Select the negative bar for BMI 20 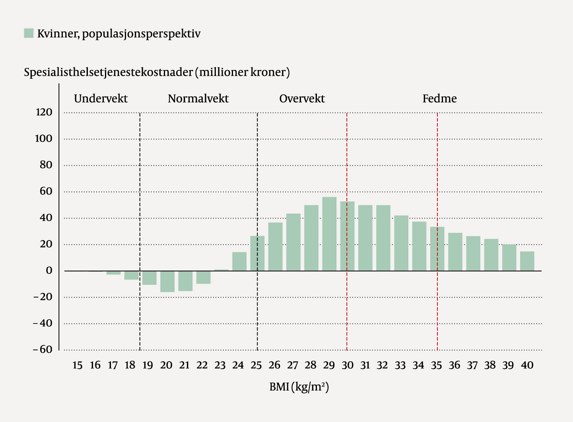(x=167, y=281)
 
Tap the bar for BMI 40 (x=527, y=261)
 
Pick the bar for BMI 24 (x=239, y=261)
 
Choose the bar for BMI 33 (x=401, y=243)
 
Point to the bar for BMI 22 (x=203, y=277)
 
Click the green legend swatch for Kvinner (x=29, y=33)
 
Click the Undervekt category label (x=101, y=99)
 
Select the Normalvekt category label (x=198, y=99)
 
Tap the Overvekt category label (x=302, y=99)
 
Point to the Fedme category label (x=439, y=99)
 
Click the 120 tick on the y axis (x=44, y=112)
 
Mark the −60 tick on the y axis (x=43, y=350)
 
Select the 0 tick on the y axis (x=49, y=271)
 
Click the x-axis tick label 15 (x=77, y=365)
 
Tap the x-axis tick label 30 (x=347, y=365)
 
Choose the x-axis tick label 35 (x=436, y=365)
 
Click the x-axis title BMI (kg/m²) (x=299, y=387)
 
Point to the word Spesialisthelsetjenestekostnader (x=108, y=72)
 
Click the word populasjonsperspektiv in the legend (x=141, y=34)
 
